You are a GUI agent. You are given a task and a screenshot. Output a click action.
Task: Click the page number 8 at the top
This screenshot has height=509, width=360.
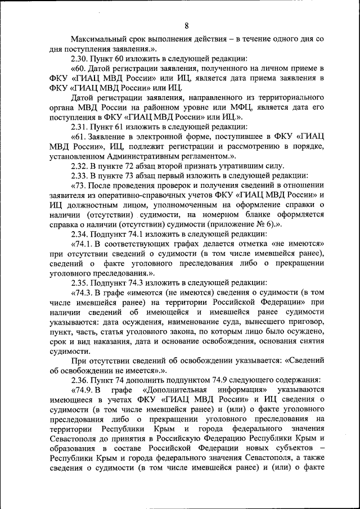tap(186, 24)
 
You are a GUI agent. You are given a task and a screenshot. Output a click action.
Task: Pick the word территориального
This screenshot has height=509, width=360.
tap(290, 98)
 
